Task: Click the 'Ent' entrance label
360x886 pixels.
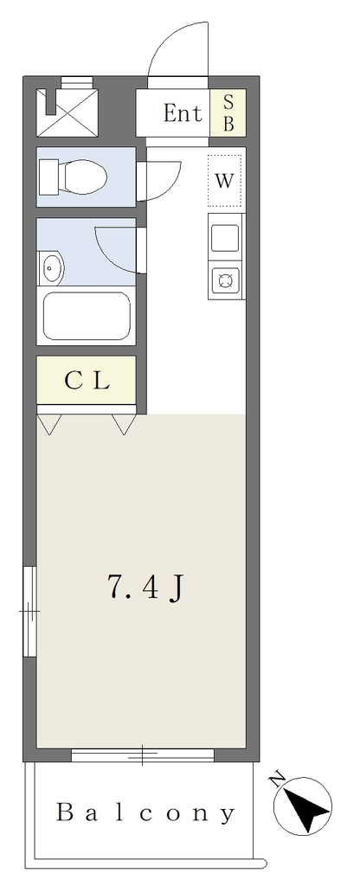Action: [x=182, y=113]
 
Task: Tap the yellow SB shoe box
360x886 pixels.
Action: [x=228, y=113]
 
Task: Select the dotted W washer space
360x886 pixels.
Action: [x=224, y=181]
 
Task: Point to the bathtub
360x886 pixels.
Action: [x=87, y=316]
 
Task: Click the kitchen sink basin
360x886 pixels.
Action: [x=225, y=238]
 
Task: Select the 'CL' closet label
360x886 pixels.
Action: [x=87, y=382]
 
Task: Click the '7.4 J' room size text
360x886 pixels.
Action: [x=145, y=588]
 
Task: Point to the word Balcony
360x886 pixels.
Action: [x=145, y=813]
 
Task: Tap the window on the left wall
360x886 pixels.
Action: [x=30, y=611]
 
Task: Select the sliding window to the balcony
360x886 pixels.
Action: [x=143, y=754]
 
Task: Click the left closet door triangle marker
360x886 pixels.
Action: [x=48, y=424]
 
